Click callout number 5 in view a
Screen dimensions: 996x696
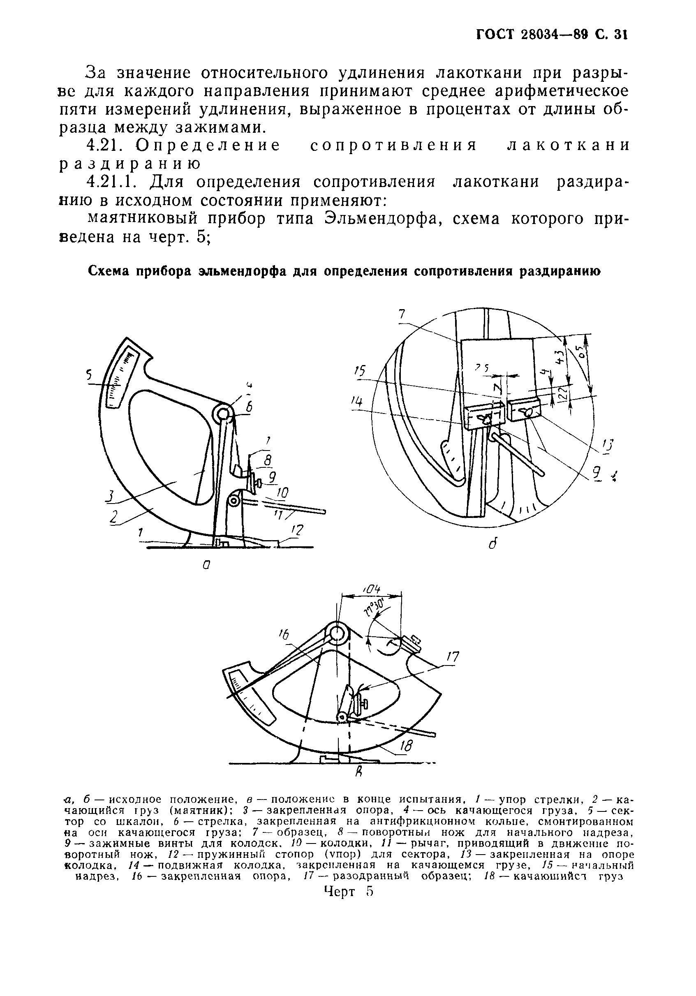coord(89,374)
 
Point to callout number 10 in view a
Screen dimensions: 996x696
coord(282,493)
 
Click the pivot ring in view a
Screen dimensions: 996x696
coord(222,414)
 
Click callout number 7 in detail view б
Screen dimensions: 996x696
coord(402,314)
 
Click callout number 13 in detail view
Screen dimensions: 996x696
coord(609,446)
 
